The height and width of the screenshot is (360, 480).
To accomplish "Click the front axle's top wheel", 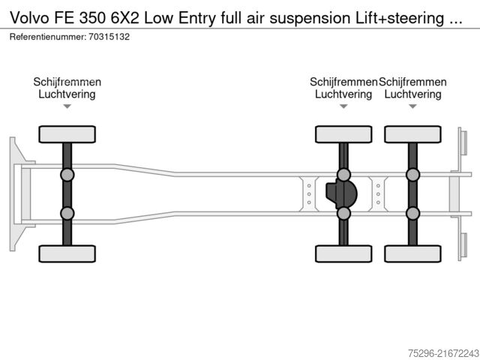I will [67, 134].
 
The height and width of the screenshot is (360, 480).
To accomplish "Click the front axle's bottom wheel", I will [67, 253].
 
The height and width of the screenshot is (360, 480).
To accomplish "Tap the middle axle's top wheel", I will [343, 134].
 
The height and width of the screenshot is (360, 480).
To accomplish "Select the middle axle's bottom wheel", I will [343, 253].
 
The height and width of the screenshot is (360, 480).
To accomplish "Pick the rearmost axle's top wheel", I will [412, 134].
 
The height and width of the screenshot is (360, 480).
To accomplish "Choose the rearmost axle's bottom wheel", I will [412, 253].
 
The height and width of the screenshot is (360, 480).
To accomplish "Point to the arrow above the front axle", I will [67, 106].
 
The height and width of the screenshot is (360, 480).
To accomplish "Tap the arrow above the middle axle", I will [343, 106].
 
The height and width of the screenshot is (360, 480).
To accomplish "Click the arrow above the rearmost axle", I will [412, 106].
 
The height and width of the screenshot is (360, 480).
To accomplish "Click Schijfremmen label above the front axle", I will [67, 82].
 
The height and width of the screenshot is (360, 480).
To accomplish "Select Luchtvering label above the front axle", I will [67, 94].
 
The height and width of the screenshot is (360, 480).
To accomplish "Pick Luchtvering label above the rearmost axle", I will [412, 94].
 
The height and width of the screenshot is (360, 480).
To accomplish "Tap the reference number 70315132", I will [102, 36].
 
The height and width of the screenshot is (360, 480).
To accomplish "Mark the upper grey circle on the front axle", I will [67, 175].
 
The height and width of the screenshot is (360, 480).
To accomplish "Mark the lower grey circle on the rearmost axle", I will [412, 213].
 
